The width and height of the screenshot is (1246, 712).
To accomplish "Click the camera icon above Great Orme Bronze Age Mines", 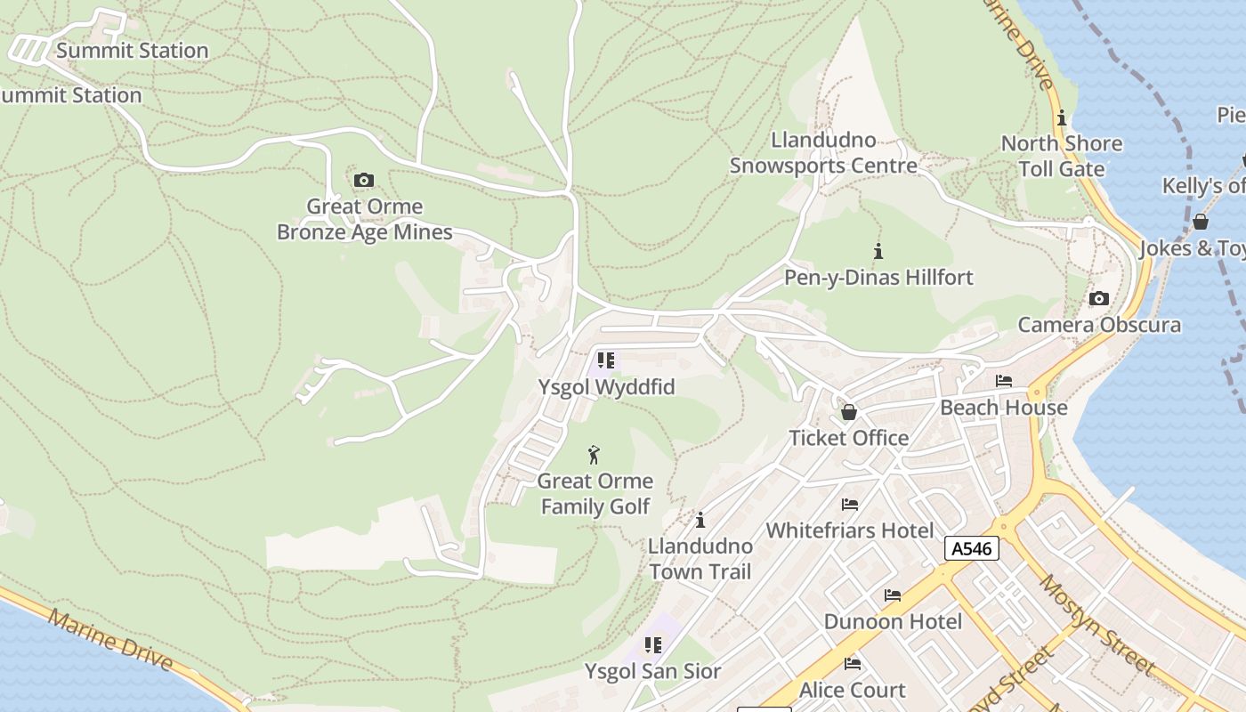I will click(363, 181).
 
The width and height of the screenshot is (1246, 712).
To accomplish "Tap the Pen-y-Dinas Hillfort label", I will click(878, 278).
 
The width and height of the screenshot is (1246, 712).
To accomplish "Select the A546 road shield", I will click(971, 548).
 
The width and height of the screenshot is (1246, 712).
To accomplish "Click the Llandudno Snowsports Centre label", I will click(823, 153).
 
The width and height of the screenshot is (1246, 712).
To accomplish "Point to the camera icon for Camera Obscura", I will click(1099, 299).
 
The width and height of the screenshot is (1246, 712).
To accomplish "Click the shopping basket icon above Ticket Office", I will click(849, 412).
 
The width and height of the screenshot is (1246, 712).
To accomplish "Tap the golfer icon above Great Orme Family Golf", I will click(595, 456).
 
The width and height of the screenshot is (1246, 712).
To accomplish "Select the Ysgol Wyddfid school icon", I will click(606, 360).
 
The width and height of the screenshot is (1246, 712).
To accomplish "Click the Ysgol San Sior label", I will click(652, 671).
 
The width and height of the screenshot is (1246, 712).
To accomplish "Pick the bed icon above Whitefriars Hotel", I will click(850, 505).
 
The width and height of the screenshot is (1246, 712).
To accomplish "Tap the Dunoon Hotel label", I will click(893, 621).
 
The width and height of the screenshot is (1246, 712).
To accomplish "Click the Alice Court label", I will click(852, 690).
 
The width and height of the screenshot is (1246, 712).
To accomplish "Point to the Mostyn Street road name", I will click(1097, 624).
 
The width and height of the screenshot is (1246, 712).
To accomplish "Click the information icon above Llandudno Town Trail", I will click(700, 520).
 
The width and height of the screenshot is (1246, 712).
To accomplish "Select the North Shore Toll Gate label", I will click(1061, 156).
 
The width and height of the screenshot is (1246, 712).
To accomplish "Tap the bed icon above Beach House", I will click(1004, 381).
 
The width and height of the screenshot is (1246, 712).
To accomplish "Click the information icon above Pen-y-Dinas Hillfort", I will click(878, 251).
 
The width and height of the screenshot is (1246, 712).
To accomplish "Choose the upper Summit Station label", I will click(132, 51).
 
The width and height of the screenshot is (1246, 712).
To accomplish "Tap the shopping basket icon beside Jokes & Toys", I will click(1201, 222).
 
